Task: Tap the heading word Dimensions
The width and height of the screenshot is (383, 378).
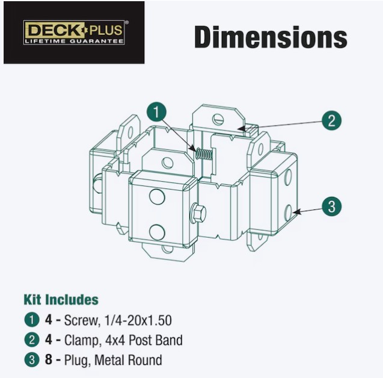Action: (271, 37)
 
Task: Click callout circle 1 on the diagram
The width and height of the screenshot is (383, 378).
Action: (156, 112)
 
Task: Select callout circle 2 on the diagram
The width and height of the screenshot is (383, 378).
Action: (331, 120)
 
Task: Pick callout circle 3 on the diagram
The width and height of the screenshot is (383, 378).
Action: (331, 206)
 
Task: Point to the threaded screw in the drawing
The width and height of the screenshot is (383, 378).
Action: (204, 153)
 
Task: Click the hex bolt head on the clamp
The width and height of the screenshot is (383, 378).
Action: (198, 212)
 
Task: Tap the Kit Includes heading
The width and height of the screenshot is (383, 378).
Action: (61, 300)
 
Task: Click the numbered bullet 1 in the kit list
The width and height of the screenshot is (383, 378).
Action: (32, 320)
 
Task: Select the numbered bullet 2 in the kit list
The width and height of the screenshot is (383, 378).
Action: (32, 340)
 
